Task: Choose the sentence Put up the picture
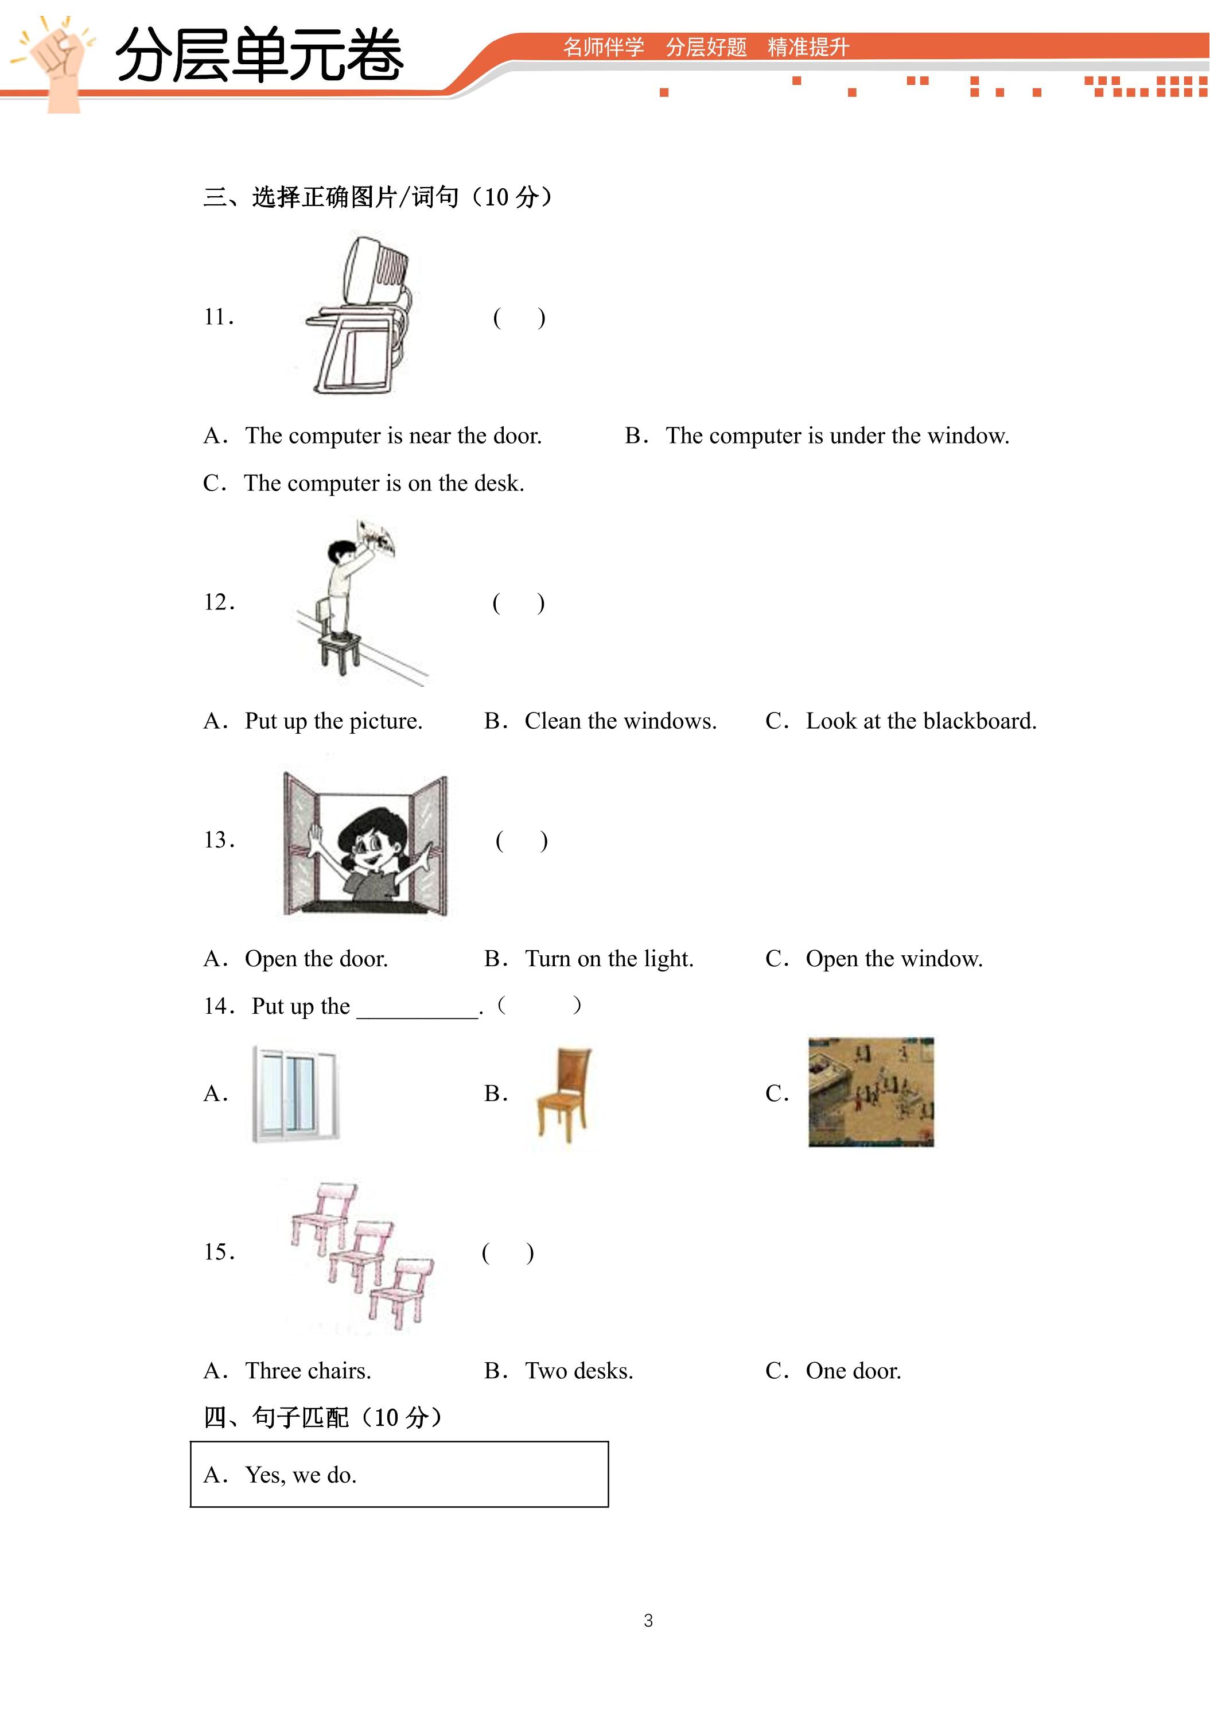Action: coord(313,721)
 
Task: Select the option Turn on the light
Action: coord(589,959)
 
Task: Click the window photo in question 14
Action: coord(295,1094)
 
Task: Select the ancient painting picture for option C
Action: coord(871,1092)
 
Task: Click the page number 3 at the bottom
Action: coord(648,1620)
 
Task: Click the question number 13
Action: coord(220,841)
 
